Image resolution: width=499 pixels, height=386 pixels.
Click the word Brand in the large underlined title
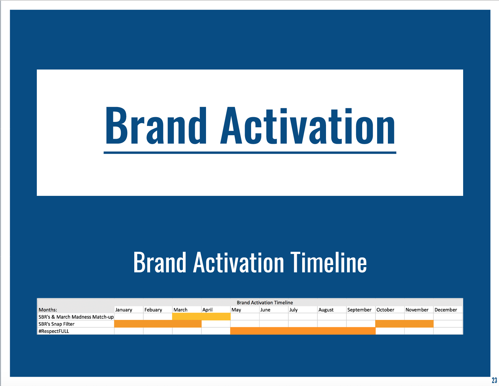point(156,126)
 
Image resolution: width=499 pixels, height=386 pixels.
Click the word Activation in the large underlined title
point(308,126)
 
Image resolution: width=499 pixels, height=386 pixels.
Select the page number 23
point(495,380)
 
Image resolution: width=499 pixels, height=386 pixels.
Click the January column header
point(123,310)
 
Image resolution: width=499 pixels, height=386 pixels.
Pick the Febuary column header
point(153,310)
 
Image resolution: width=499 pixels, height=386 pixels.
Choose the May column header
point(236,310)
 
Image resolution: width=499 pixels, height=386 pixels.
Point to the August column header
point(326,310)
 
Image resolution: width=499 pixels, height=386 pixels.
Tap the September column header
point(359,310)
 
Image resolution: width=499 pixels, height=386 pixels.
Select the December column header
point(446,310)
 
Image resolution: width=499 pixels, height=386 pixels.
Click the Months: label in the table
point(48,310)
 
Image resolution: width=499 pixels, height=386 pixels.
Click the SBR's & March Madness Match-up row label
point(76,317)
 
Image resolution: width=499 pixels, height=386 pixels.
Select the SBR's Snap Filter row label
point(57,324)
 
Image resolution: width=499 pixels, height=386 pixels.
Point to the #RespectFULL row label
point(54,331)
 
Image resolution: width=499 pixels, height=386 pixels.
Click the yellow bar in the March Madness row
point(201,316)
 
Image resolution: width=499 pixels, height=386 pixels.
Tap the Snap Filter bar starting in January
point(158,324)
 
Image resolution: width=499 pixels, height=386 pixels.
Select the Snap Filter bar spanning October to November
point(404,324)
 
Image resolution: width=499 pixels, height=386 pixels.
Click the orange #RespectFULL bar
point(303,331)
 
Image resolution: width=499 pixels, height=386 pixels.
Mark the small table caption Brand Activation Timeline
point(265,303)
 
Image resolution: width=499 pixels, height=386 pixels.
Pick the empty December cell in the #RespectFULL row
point(448,331)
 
